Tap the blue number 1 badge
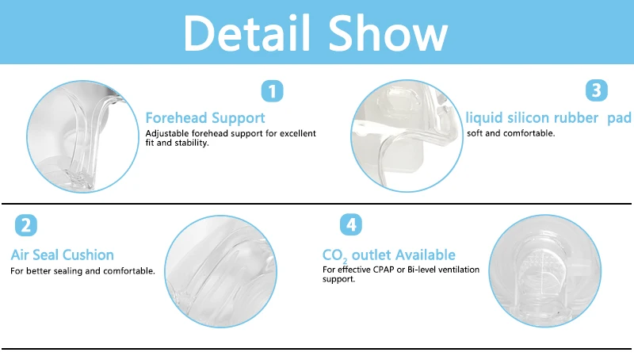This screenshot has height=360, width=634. pyautogui.click(x=272, y=91)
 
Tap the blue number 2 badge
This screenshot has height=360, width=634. pyautogui.click(x=26, y=225)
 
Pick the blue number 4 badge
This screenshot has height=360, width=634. pyautogui.click(x=351, y=224)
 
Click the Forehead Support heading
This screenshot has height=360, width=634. pyautogui.click(x=205, y=118)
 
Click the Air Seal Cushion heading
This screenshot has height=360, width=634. pyautogui.click(x=62, y=255)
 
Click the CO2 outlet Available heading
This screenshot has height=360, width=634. pyautogui.click(x=388, y=255)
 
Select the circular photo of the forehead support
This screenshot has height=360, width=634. pyautogui.click(x=76, y=136)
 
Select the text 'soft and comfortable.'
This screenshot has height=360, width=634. pyautogui.click(x=511, y=133)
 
